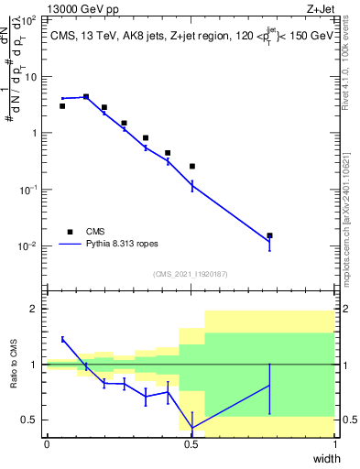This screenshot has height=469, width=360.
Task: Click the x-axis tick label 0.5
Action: [x=191, y=444]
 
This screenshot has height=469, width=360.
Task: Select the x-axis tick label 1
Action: [x=335, y=444]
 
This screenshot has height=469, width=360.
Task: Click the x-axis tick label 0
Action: [x=47, y=444]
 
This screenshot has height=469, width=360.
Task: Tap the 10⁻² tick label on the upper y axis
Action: [x=29, y=246]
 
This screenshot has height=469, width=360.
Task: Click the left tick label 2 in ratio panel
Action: [x=35, y=309]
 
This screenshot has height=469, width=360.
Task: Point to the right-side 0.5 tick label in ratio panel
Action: [x=349, y=420]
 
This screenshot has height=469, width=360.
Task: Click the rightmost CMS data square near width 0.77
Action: [x=269, y=235]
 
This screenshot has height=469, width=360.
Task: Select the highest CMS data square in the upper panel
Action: [x=86, y=96]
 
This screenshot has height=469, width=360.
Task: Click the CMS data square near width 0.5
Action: [x=191, y=166]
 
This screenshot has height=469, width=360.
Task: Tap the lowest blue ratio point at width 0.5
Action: [x=191, y=427]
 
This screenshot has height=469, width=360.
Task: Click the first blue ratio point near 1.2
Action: [x=62, y=339]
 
